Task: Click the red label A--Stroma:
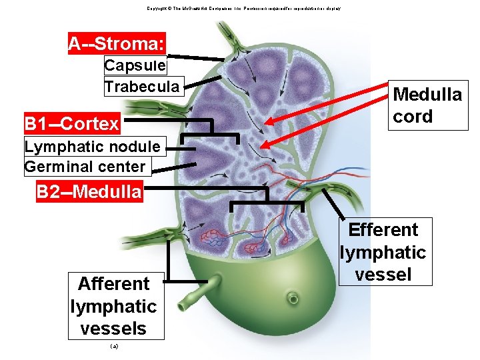tap(117, 44)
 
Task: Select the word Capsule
tap(135, 66)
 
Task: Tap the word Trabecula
tap(142, 87)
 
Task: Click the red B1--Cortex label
tap(72, 124)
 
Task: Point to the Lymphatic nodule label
tap(92, 146)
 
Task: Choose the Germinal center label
tap(85, 167)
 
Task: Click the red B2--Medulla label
tap(89, 193)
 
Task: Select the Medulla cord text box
tap(427, 105)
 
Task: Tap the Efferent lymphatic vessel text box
tap(383, 252)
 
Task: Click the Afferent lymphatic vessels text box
tap(113, 306)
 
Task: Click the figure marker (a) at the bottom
tap(113, 347)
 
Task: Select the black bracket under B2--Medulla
tap(267, 200)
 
